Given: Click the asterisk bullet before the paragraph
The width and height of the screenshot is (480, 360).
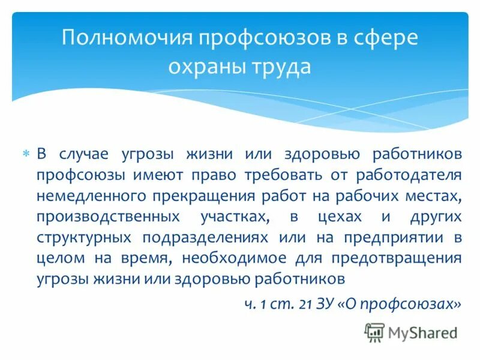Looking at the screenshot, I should click(x=25, y=154).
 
